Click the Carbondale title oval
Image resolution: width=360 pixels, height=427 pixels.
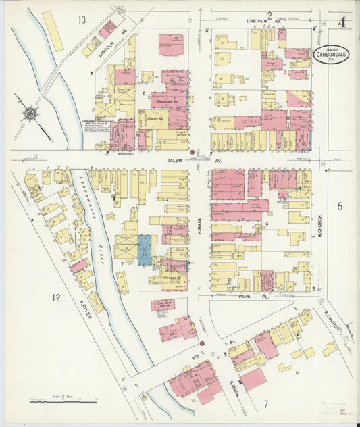click(331, 53)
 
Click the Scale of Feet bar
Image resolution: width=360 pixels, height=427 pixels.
click(64, 401)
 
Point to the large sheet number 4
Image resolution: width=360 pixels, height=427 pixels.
click(343, 22)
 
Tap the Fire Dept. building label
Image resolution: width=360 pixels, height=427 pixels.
click(163, 305)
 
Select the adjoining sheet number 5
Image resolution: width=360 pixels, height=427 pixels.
click(340, 205)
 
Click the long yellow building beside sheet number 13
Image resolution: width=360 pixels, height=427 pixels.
click(52, 31)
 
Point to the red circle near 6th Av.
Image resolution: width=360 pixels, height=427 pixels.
click(201, 343)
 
